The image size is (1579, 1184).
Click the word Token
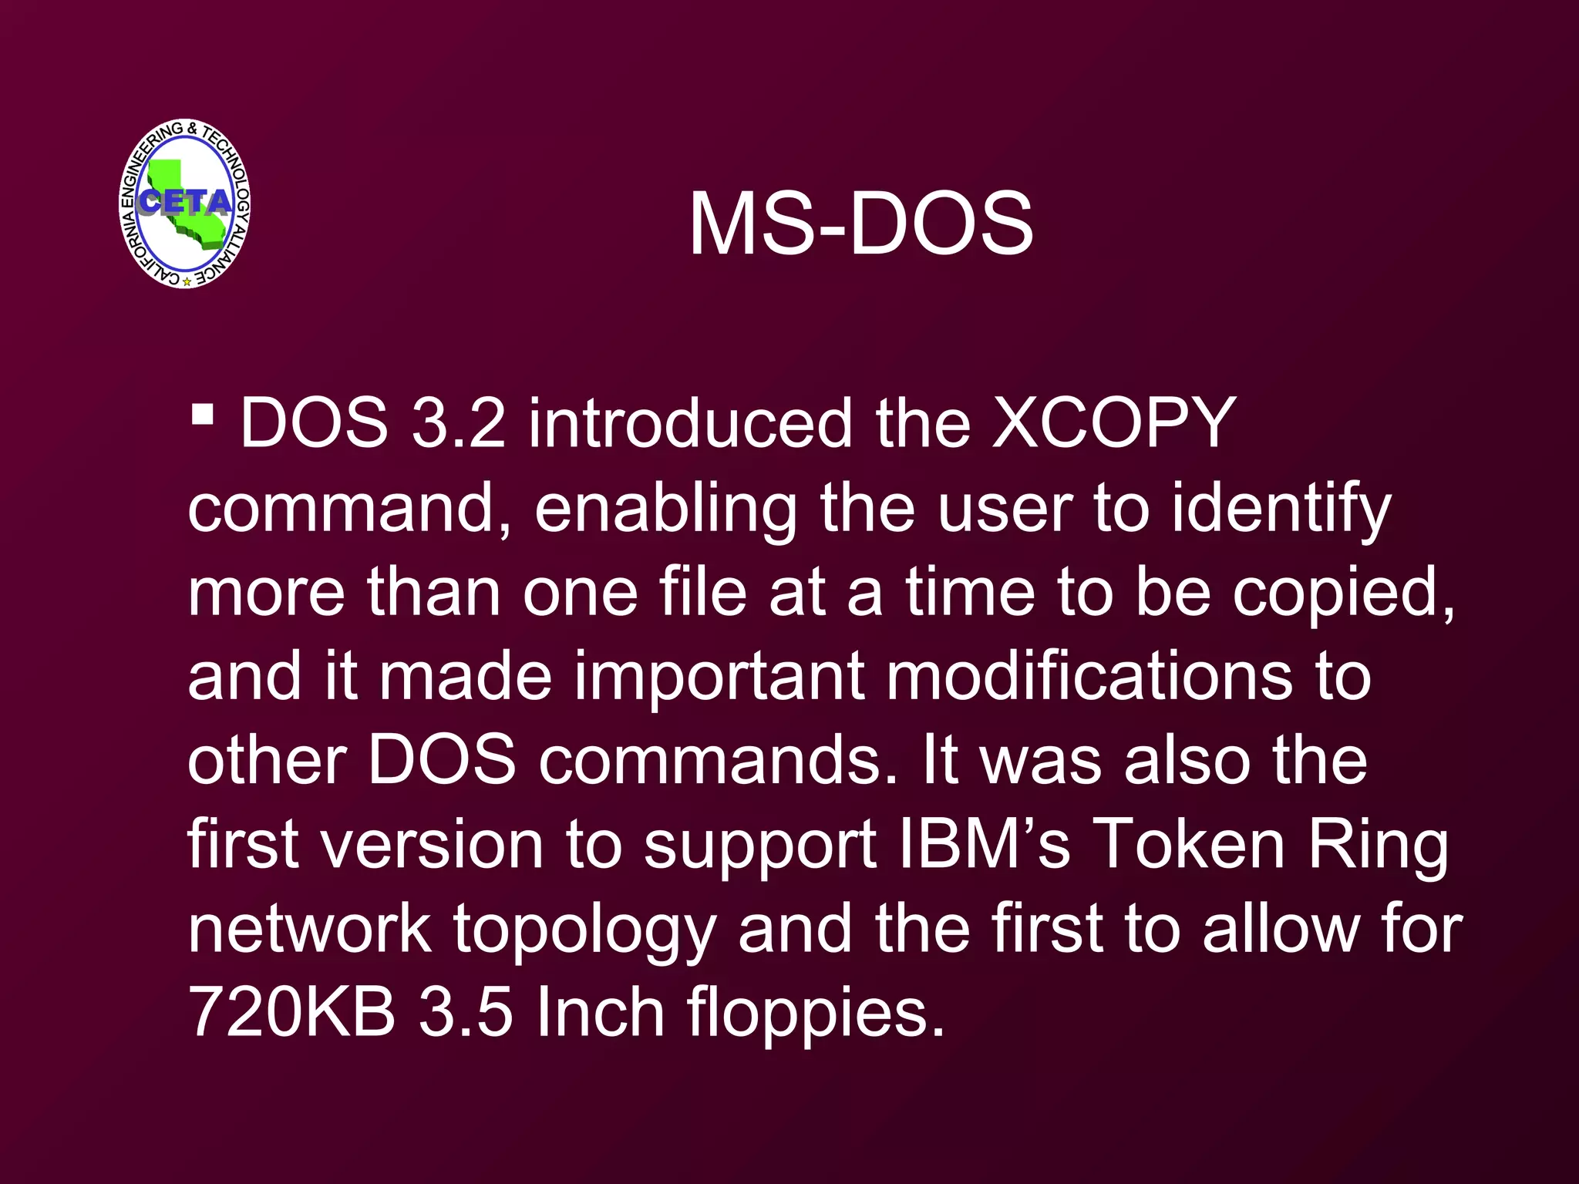pyautogui.click(x=1189, y=844)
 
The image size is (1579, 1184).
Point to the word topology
pyautogui.click(x=584, y=930)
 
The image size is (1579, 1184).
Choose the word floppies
pyautogui.click(x=816, y=1014)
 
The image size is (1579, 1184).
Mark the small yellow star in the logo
pyautogui.click(x=187, y=282)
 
